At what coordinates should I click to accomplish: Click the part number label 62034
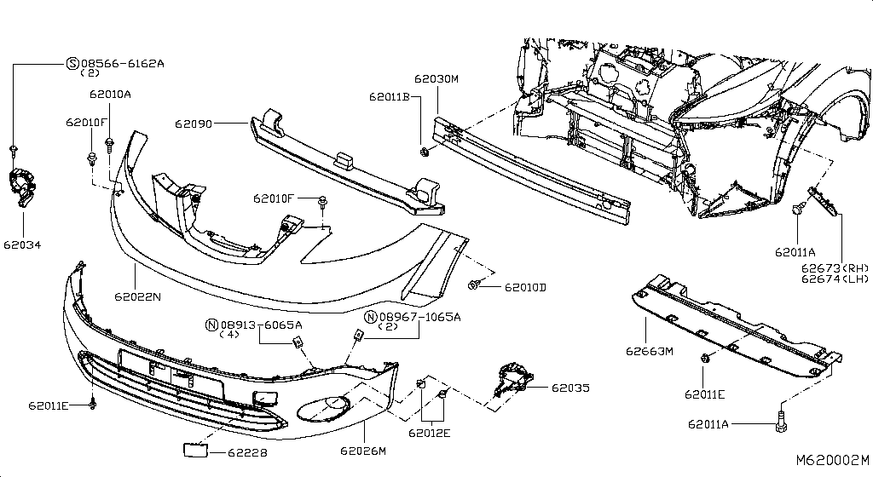24,245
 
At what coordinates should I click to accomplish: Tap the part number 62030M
436,79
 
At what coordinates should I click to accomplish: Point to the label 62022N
138,296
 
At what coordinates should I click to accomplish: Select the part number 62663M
650,350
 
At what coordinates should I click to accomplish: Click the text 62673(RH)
834,267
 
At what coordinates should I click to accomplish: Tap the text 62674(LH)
834,279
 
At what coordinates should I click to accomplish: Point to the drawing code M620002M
832,461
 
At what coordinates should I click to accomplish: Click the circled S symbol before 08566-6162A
72,63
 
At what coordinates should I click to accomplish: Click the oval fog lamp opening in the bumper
322,408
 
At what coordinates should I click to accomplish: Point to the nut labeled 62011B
425,152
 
